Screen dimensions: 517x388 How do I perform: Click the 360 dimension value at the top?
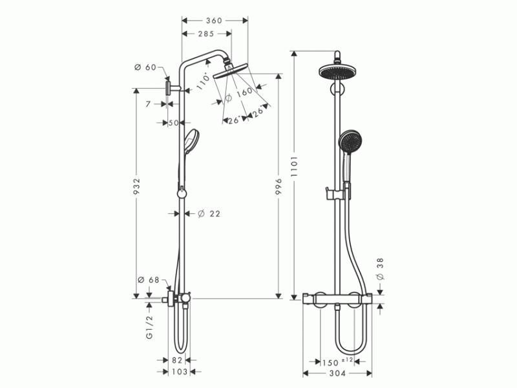[214, 21]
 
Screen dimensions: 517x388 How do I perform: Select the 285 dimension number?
[206, 34]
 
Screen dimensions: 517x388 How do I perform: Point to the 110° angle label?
[203, 81]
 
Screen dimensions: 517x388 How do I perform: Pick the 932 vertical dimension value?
[137, 187]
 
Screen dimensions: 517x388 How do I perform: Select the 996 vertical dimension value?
[279, 187]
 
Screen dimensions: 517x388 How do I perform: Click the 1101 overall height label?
[294, 166]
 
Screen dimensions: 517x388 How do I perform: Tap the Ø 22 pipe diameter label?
[209, 214]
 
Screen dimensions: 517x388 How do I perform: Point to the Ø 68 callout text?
[149, 280]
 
